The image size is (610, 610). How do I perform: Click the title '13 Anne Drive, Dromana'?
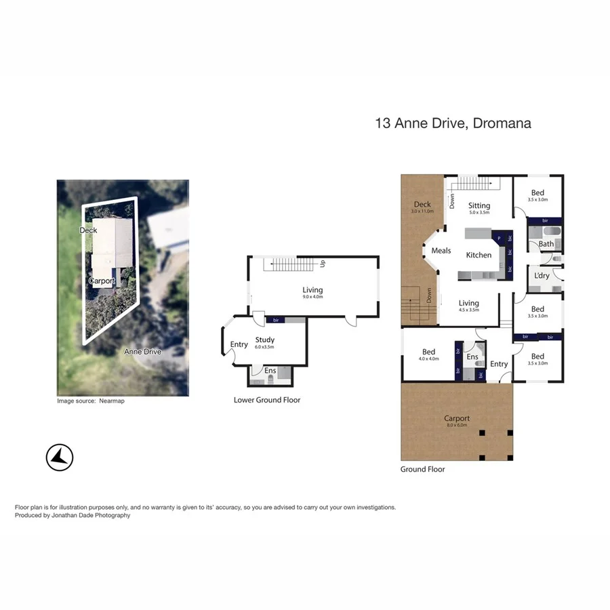[x=453, y=123]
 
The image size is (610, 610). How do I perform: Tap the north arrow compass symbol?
[x=60, y=457]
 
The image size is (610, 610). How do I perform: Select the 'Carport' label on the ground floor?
[x=457, y=418]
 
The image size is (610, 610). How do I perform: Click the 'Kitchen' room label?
[x=479, y=255]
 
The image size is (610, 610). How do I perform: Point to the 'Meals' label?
[x=441, y=251]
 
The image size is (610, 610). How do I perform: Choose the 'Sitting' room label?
[x=479, y=206]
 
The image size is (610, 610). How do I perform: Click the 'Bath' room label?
[x=546, y=244]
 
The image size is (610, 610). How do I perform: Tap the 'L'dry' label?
[x=542, y=276]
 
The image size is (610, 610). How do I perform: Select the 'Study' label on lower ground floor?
[x=264, y=340]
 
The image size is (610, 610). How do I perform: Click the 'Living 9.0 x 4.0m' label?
[x=312, y=291]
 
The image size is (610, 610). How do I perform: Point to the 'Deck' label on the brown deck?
[x=422, y=205]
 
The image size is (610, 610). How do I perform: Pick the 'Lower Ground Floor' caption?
[x=267, y=400]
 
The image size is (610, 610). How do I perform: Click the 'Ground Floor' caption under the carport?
[x=422, y=469]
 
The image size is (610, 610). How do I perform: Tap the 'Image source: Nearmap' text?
[x=91, y=401]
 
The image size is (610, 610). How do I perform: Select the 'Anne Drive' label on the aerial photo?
[x=142, y=352]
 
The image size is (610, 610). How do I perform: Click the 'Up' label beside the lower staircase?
[x=323, y=263]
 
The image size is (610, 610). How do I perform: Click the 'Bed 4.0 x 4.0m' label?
[x=428, y=352]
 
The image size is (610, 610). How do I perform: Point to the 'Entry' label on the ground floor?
[x=499, y=364]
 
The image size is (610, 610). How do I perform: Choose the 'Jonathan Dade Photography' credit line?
[x=73, y=516]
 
